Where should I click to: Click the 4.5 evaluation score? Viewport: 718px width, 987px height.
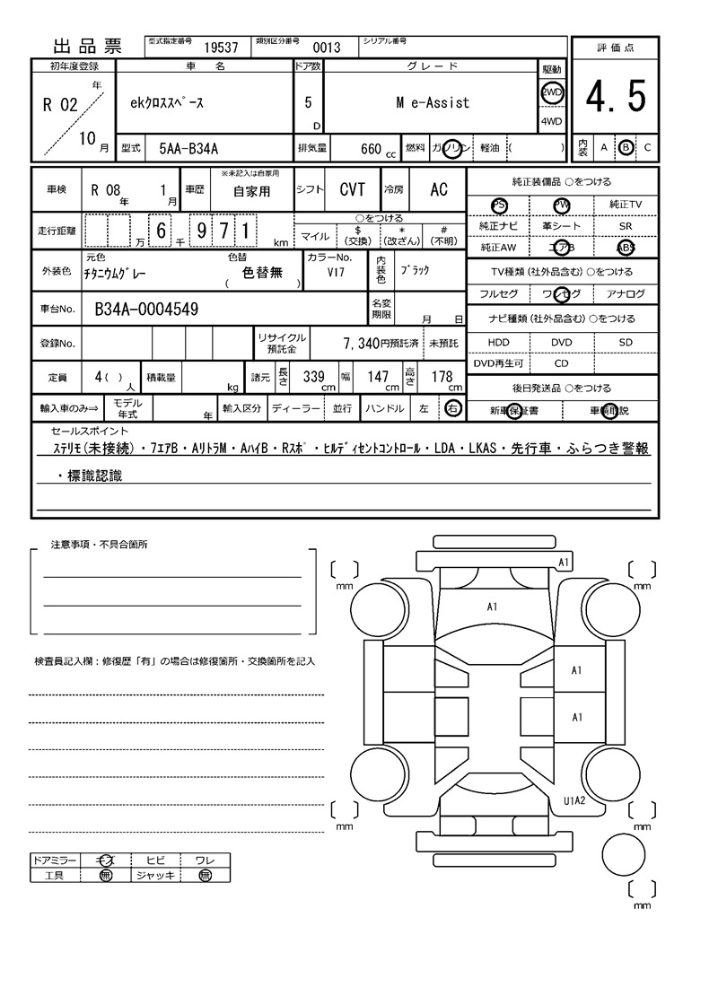click(x=616, y=97)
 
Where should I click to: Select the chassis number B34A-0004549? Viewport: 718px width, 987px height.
click(x=146, y=310)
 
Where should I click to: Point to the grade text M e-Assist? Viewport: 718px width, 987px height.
click(x=433, y=103)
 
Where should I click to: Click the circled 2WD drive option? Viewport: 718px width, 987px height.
click(x=551, y=92)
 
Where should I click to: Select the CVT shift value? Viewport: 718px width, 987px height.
click(x=352, y=189)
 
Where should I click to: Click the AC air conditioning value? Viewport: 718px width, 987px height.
click(x=439, y=189)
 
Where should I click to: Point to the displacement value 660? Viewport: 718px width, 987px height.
click(x=371, y=148)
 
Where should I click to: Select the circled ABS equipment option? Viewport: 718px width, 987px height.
click(x=625, y=248)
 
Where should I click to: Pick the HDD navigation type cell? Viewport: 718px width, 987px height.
click(x=498, y=343)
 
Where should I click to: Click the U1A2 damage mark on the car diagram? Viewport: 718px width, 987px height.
click(x=574, y=801)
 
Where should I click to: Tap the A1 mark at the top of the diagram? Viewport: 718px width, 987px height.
click(x=565, y=562)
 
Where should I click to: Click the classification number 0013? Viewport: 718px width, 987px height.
click(x=326, y=48)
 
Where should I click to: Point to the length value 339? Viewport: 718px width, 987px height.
click(x=313, y=378)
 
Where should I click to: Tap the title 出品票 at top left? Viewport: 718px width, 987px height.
click(x=88, y=47)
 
